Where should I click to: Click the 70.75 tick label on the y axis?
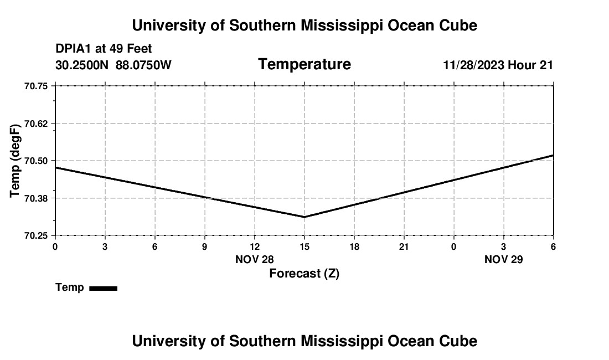click(36, 86)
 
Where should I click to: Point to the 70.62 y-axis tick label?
click(36, 124)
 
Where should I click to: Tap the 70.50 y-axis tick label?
click(36, 161)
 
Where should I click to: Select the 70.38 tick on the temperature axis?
click(36, 198)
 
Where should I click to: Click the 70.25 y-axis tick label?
click(36, 235)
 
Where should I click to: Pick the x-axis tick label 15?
click(304, 246)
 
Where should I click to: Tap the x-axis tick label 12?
click(255, 246)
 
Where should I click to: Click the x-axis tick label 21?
click(404, 246)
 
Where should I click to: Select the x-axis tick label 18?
click(354, 246)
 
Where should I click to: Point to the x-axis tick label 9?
click(205, 246)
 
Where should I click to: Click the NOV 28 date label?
click(255, 259)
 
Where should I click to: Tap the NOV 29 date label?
click(504, 259)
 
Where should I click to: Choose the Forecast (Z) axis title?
click(304, 274)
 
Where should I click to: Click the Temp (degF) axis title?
click(16, 161)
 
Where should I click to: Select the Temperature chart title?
click(304, 64)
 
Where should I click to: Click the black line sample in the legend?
click(103, 288)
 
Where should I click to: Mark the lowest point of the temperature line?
click(304, 217)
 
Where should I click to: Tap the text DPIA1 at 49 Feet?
click(104, 49)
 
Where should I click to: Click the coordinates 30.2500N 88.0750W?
click(113, 65)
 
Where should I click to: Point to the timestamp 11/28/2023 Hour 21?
click(498, 65)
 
